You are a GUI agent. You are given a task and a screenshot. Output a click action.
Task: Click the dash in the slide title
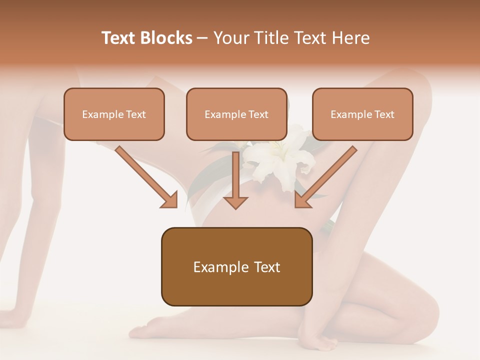point(202,38)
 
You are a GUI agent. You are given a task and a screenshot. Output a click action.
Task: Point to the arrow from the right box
point(327,175)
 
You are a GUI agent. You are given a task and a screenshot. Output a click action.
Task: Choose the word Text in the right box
point(384,114)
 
